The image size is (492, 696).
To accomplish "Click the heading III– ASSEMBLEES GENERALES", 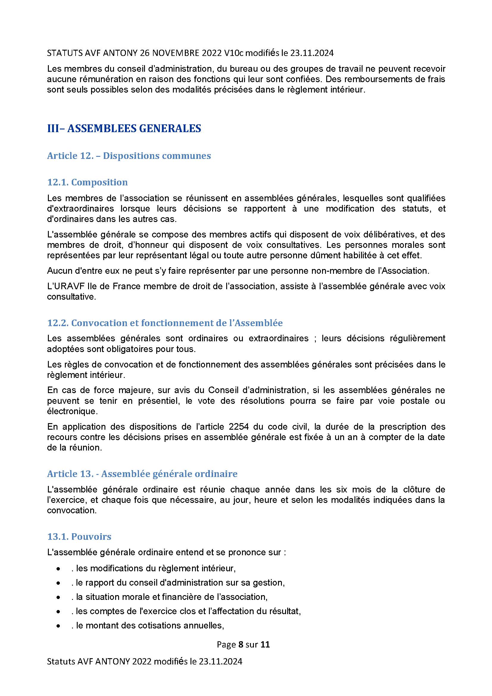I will tap(124, 129).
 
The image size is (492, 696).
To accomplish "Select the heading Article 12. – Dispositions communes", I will tap(129, 156).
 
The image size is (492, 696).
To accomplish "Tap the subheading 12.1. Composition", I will tap(87, 182).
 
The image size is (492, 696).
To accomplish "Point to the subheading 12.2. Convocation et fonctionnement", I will tap(165, 323).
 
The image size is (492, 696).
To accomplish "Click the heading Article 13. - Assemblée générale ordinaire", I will tap(142, 473).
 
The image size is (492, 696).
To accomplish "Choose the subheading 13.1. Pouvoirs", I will tap(79, 537).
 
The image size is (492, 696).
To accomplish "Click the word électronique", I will tap(71, 411).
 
